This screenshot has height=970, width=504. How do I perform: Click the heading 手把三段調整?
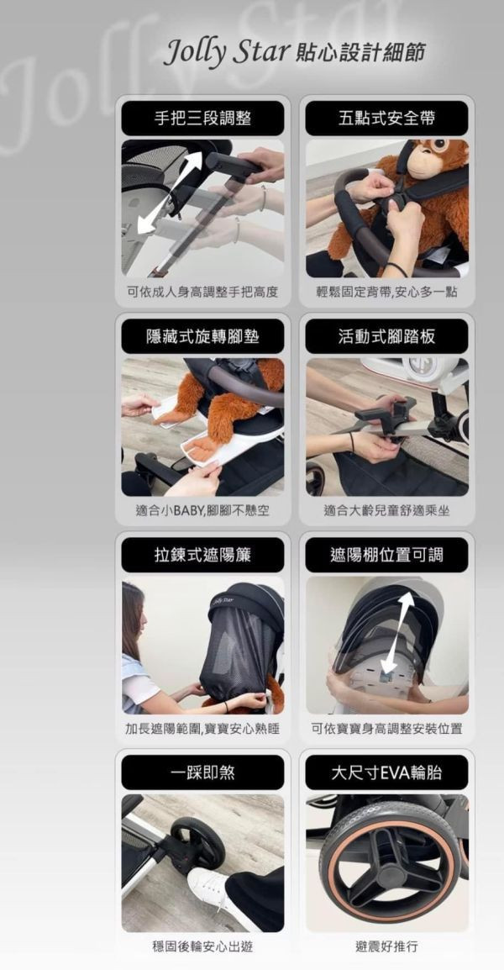coord(202,119)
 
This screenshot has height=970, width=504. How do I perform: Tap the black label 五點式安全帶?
coord(386,119)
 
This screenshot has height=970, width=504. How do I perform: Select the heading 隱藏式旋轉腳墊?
coord(202,336)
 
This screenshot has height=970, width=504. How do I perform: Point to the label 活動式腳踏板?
coord(386,336)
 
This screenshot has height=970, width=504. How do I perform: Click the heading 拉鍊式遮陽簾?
coord(202,554)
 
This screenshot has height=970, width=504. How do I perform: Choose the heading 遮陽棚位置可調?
coord(386,554)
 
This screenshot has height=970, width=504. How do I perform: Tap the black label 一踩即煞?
coord(202,772)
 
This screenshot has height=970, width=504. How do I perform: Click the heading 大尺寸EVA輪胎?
coord(386,772)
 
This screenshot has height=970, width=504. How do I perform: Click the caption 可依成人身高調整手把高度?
coord(202,293)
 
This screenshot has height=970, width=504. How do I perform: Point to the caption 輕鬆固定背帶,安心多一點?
coord(386,293)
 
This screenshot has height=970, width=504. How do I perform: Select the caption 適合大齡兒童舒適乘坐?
coord(386,511)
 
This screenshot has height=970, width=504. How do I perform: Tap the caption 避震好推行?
coord(386,946)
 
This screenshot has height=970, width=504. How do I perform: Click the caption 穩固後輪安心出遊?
coord(202,946)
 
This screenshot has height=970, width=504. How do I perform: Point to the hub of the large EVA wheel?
coord(391,872)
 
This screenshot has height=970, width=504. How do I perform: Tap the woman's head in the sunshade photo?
coord(133,609)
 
